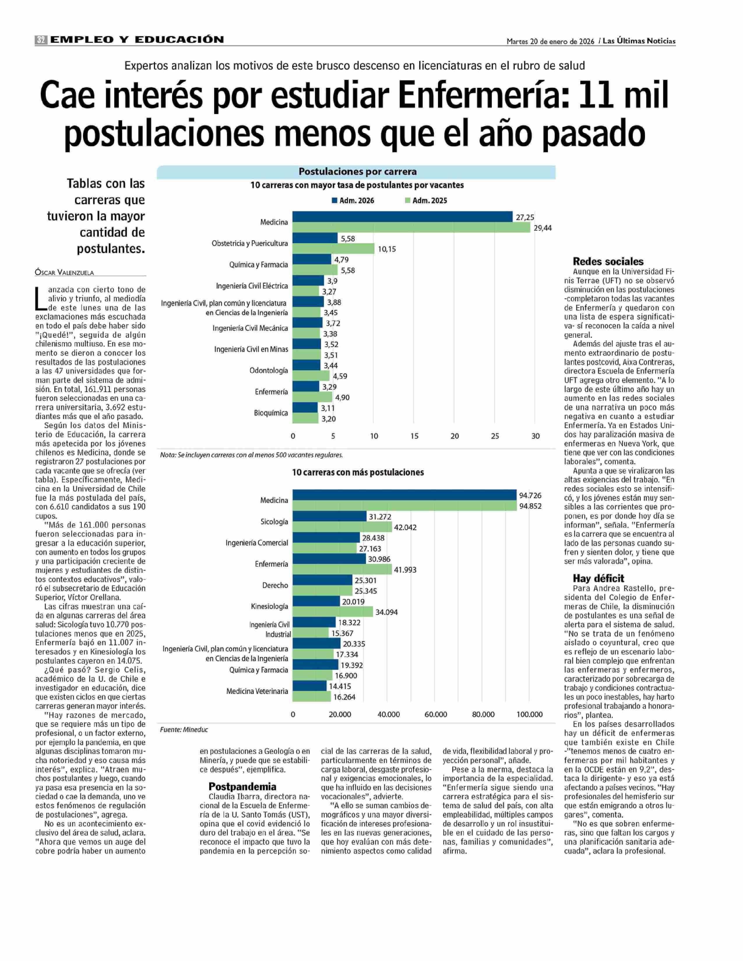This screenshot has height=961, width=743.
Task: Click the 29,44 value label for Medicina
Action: (543, 228)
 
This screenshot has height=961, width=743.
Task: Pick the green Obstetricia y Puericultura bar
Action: (333, 249)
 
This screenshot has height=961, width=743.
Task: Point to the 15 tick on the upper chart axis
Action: (414, 436)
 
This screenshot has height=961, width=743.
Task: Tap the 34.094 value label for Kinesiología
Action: (386, 612)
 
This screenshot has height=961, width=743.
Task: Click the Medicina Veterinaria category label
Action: (257, 691)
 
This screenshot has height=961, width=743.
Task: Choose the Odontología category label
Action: (269, 370)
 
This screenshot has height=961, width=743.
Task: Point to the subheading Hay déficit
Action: (598, 578)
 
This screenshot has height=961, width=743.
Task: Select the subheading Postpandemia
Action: (242, 787)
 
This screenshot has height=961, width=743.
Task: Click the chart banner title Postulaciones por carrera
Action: (358, 172)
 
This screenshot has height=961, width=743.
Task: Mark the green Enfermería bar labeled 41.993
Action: (342, 570)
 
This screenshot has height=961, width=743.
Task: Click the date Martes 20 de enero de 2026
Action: (550, 41)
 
